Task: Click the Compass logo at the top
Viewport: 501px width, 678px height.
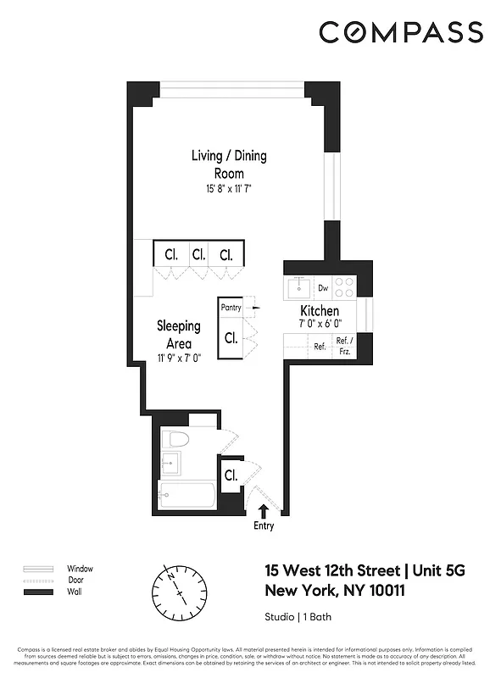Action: tap(401, 33)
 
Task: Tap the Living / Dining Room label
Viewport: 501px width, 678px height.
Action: tap(228, 164)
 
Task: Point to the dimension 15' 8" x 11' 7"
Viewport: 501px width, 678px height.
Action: tap(228, 188)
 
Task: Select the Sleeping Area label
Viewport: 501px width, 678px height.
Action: tap(178, 335)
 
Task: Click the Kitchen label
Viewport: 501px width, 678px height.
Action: tap(319, 312)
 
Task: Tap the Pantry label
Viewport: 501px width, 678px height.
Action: tap(231, 308)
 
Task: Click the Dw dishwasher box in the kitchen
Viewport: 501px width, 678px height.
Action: tap(323, 288)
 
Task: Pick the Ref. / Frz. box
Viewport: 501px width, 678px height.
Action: tap(344, 347)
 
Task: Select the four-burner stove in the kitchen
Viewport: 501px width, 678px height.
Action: tap(344, 287)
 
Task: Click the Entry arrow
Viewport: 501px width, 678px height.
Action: tap(264, 510)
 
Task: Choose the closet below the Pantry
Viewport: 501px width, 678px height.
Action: tap(231, 337)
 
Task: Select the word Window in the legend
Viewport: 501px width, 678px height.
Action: tap(80, 569)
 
